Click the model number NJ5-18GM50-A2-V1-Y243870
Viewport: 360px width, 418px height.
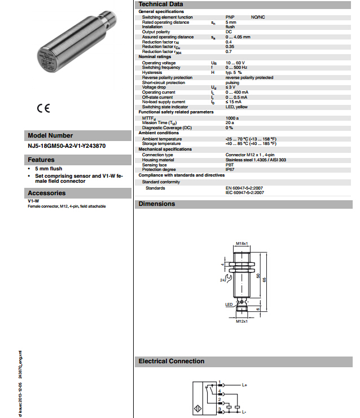coord(66,146)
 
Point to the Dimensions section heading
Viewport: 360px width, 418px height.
coord(157,204)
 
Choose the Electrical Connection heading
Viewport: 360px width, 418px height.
coord(171,361)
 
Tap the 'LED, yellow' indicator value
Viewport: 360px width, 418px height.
coord(236,107)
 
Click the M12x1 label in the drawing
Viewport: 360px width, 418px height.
coord(242,322)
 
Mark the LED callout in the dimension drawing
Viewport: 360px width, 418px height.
coord(229,305)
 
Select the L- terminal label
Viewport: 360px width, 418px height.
coord(244,412)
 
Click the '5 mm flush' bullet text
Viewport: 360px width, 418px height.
coord(48,169)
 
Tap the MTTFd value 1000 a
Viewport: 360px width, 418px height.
coord(232,118)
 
